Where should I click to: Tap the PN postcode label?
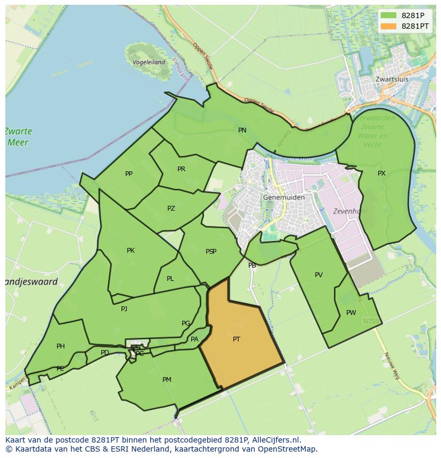click(242, 130)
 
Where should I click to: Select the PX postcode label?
click(381, 173)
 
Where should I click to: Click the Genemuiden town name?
click(284, 197)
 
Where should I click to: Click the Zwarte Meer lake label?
click(19, 137)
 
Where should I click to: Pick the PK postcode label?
click(130, 251)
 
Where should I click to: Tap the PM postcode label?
click(167, 380)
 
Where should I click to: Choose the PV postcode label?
click(318, 275)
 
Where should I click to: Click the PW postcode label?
click(351, 313)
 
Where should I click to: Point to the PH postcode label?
click(61, 346)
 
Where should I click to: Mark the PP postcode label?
click(129, 174)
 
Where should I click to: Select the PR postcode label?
click(181, 169)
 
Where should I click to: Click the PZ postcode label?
click(171, 209)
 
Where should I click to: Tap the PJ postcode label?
click(124, 309)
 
